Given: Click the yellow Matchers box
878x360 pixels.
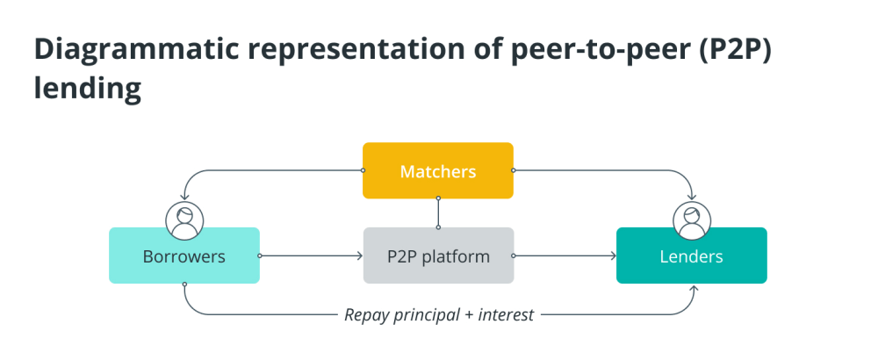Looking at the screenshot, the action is (438, 170).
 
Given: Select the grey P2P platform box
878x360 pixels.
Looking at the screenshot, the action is (438, 256).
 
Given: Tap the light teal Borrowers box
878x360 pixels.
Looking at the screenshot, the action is (184, 256).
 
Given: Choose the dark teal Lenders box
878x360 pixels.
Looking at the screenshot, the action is (692, 256).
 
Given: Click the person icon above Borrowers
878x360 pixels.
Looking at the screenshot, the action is (184, 220).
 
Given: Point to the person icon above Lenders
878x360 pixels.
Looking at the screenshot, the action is (692, 220).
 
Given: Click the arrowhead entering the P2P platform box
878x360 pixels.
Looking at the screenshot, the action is (360, 256).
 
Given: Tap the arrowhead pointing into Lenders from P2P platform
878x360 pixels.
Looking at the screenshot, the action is (613, 256).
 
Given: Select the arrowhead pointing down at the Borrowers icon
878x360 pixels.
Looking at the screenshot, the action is (184, 197).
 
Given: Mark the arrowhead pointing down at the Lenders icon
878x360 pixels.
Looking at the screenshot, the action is (692, 197).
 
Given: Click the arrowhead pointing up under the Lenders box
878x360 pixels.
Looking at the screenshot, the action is (694, 288).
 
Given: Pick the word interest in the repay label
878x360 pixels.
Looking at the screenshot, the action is (507, 314).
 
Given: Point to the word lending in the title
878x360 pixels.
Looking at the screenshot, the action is (87, 89).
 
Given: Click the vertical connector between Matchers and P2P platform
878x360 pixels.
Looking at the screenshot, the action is (438, 212).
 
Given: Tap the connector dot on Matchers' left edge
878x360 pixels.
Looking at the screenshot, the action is (363, 170).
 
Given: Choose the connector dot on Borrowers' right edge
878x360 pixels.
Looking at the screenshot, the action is (260, 256).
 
